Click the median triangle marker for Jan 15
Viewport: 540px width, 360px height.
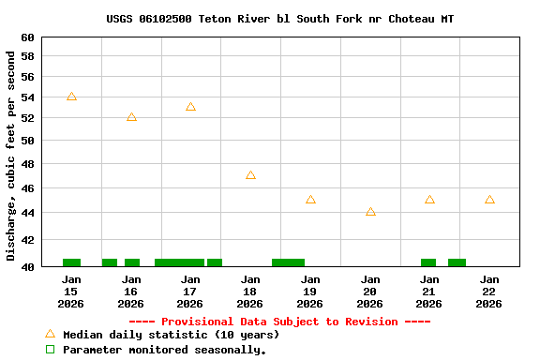(71, 97)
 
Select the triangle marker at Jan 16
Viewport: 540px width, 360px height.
(131, 117)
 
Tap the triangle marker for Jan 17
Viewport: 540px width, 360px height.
(190, 107)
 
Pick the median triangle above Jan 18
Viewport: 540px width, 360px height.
(250, 175)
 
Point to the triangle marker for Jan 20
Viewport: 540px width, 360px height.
(370, 212)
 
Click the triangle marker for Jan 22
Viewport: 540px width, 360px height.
(489, 200)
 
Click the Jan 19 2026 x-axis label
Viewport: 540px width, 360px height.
(309, 292)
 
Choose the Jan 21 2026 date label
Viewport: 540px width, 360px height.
(429, 292)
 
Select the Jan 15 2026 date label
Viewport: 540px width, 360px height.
(71, 292)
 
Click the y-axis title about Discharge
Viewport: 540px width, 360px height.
(11, 156)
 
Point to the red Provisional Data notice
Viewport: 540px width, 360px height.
(279, 322)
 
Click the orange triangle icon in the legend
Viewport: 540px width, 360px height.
(51, 334)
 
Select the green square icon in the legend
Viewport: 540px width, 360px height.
(51, 350)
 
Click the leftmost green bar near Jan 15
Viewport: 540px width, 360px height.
(71, 262)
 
